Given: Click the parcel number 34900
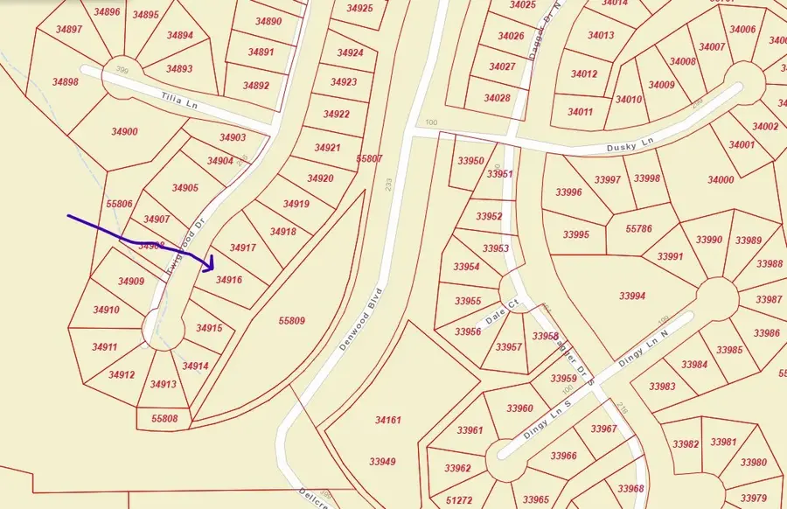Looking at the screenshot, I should pos(124,132).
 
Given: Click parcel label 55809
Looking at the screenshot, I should pos(291,321).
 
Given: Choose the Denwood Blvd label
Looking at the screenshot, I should pos(361,318).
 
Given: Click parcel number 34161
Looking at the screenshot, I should pos(387,421).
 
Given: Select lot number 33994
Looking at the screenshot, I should pos(631,296).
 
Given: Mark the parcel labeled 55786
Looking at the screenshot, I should pos(639,229).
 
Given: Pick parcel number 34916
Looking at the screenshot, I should pos(229,280).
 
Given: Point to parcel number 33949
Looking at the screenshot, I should pos(382,461).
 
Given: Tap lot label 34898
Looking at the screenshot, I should pos(65,82).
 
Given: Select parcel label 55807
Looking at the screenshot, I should pos(370,159).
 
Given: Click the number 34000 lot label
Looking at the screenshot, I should pos(721,180).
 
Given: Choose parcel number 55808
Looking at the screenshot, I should pos(164,420).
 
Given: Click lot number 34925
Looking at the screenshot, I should pos(359,8).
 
